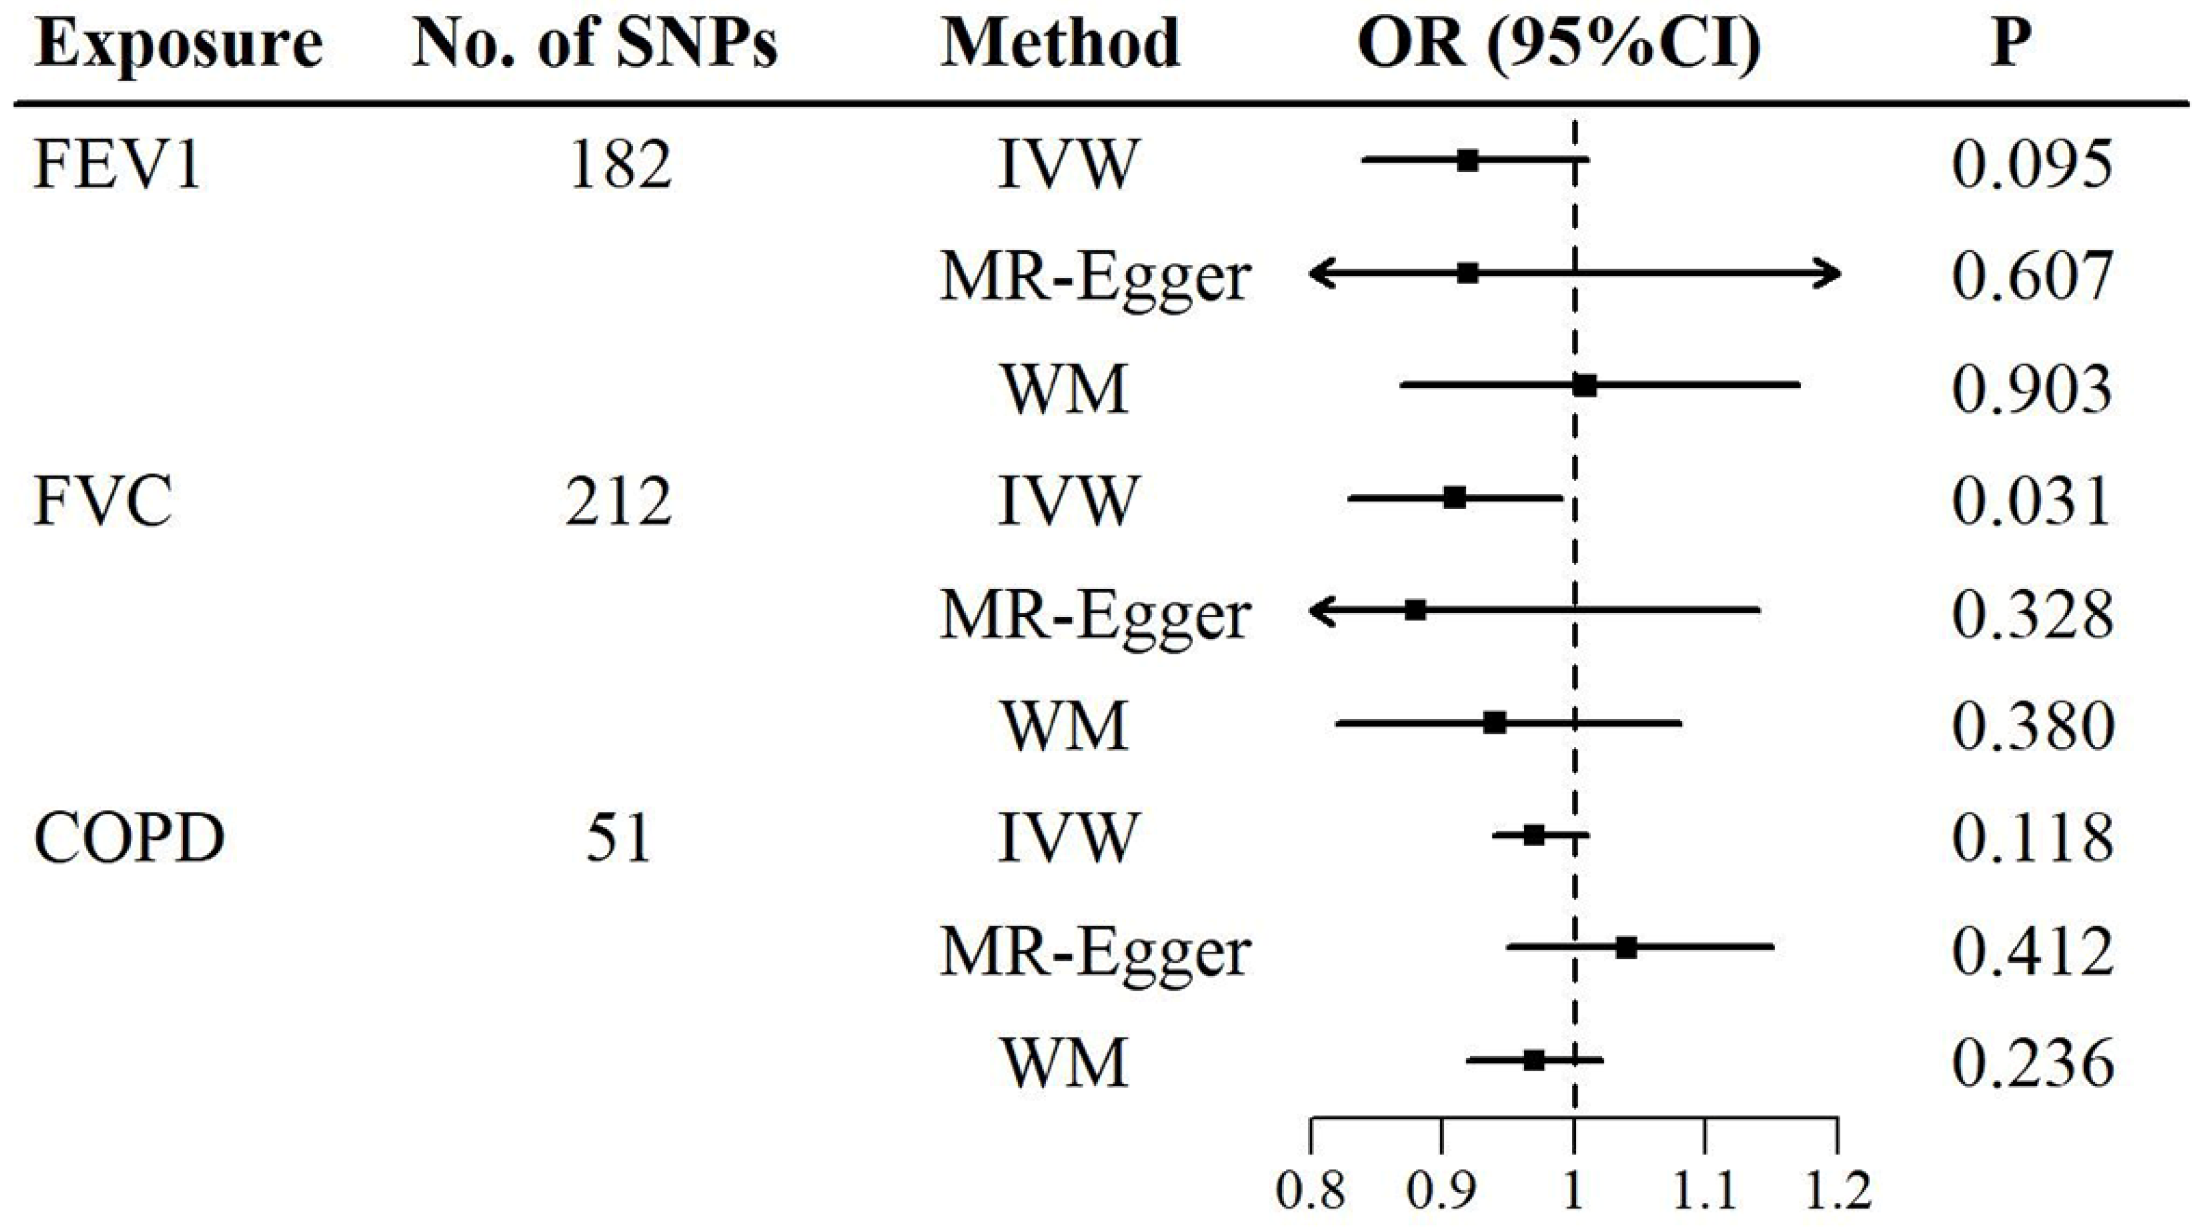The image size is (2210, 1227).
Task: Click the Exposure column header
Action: [x=179, y=45]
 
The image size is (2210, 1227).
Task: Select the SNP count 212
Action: [x=618, y=501]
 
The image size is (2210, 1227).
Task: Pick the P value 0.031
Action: [x=2031, y=501]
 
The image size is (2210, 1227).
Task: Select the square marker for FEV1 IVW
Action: [x=1468, y=161]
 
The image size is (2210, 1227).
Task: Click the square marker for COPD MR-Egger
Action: [x=1626, y=948]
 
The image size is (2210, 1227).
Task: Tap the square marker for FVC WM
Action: [x=1495, y=722]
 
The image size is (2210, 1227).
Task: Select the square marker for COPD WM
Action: [x=1534, y=1060]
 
